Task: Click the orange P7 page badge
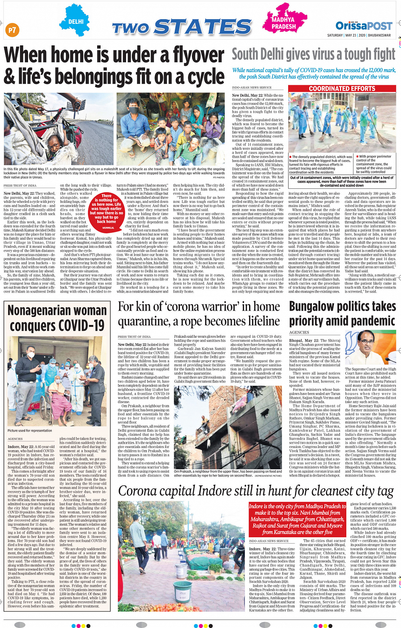(x=12, y=30)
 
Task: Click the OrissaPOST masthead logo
(x=364, y=26)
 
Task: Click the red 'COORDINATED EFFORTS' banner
(x=342, y=89)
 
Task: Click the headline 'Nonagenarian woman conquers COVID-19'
(x=57, y=318)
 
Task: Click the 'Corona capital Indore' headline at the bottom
(x=256, y=491)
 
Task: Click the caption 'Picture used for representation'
(x=30, y=430)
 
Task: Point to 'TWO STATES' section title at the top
(x=182, y=28)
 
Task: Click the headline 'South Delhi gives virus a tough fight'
(x=313, y=55)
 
